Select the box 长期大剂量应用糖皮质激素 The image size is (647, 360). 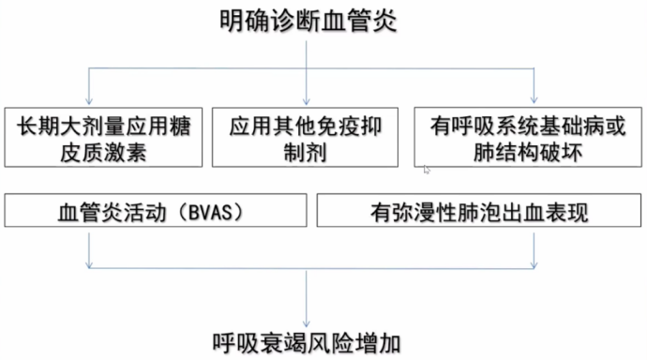pos(103,139)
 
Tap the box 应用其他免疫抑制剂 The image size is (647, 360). pos(310,139)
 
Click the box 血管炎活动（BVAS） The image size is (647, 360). pos(151,212)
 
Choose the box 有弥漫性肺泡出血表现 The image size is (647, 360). pos(479,212)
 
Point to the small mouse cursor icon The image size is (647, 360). pos(428,170)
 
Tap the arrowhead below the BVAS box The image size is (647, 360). pos(88,264)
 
